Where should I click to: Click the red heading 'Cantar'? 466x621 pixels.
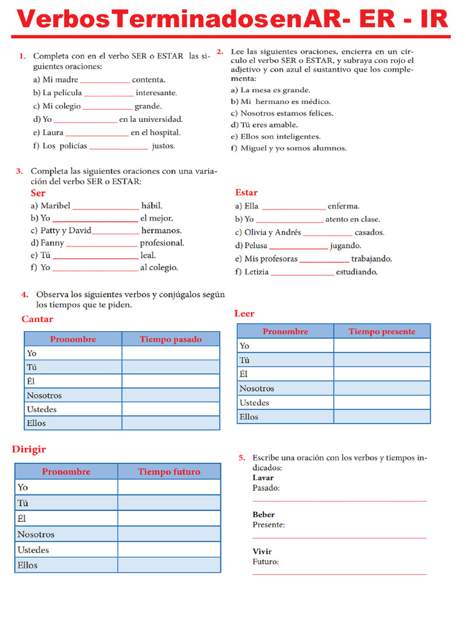click(x=37, y=319)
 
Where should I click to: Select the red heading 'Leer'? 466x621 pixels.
click(x=244, y=314)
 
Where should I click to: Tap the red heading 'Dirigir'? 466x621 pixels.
click(x=29, y=449)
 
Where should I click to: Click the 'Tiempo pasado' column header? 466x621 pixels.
click(x=171, y=339)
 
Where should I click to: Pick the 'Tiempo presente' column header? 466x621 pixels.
click(x=382, y=331)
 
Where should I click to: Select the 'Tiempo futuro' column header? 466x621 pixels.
click(x=169, y=472)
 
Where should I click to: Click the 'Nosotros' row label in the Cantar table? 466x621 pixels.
click(x=44, y=395)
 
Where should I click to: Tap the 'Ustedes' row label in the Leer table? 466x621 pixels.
click(x=254, y=403)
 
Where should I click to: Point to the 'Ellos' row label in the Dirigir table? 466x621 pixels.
click(x=27, y=565)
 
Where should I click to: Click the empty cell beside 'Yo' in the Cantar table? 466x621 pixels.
click(x=171, y=353)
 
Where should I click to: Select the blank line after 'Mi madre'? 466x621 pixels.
click(x=105, y=80)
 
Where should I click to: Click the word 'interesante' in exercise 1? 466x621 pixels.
click(x=157, y=93)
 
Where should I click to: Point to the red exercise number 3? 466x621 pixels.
click(x=19, y=171)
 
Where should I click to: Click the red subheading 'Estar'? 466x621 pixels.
click(x=246, y=192)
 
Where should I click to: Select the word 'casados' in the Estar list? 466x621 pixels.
click(x=369, y=232)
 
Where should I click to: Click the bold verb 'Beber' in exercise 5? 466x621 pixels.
click(x=263, y=515)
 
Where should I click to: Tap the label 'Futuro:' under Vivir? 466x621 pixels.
click(x=266, y=562)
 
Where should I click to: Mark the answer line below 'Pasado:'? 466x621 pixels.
click(x=339, y=501)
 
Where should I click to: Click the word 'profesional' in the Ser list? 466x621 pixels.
click(x=162, y=243)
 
